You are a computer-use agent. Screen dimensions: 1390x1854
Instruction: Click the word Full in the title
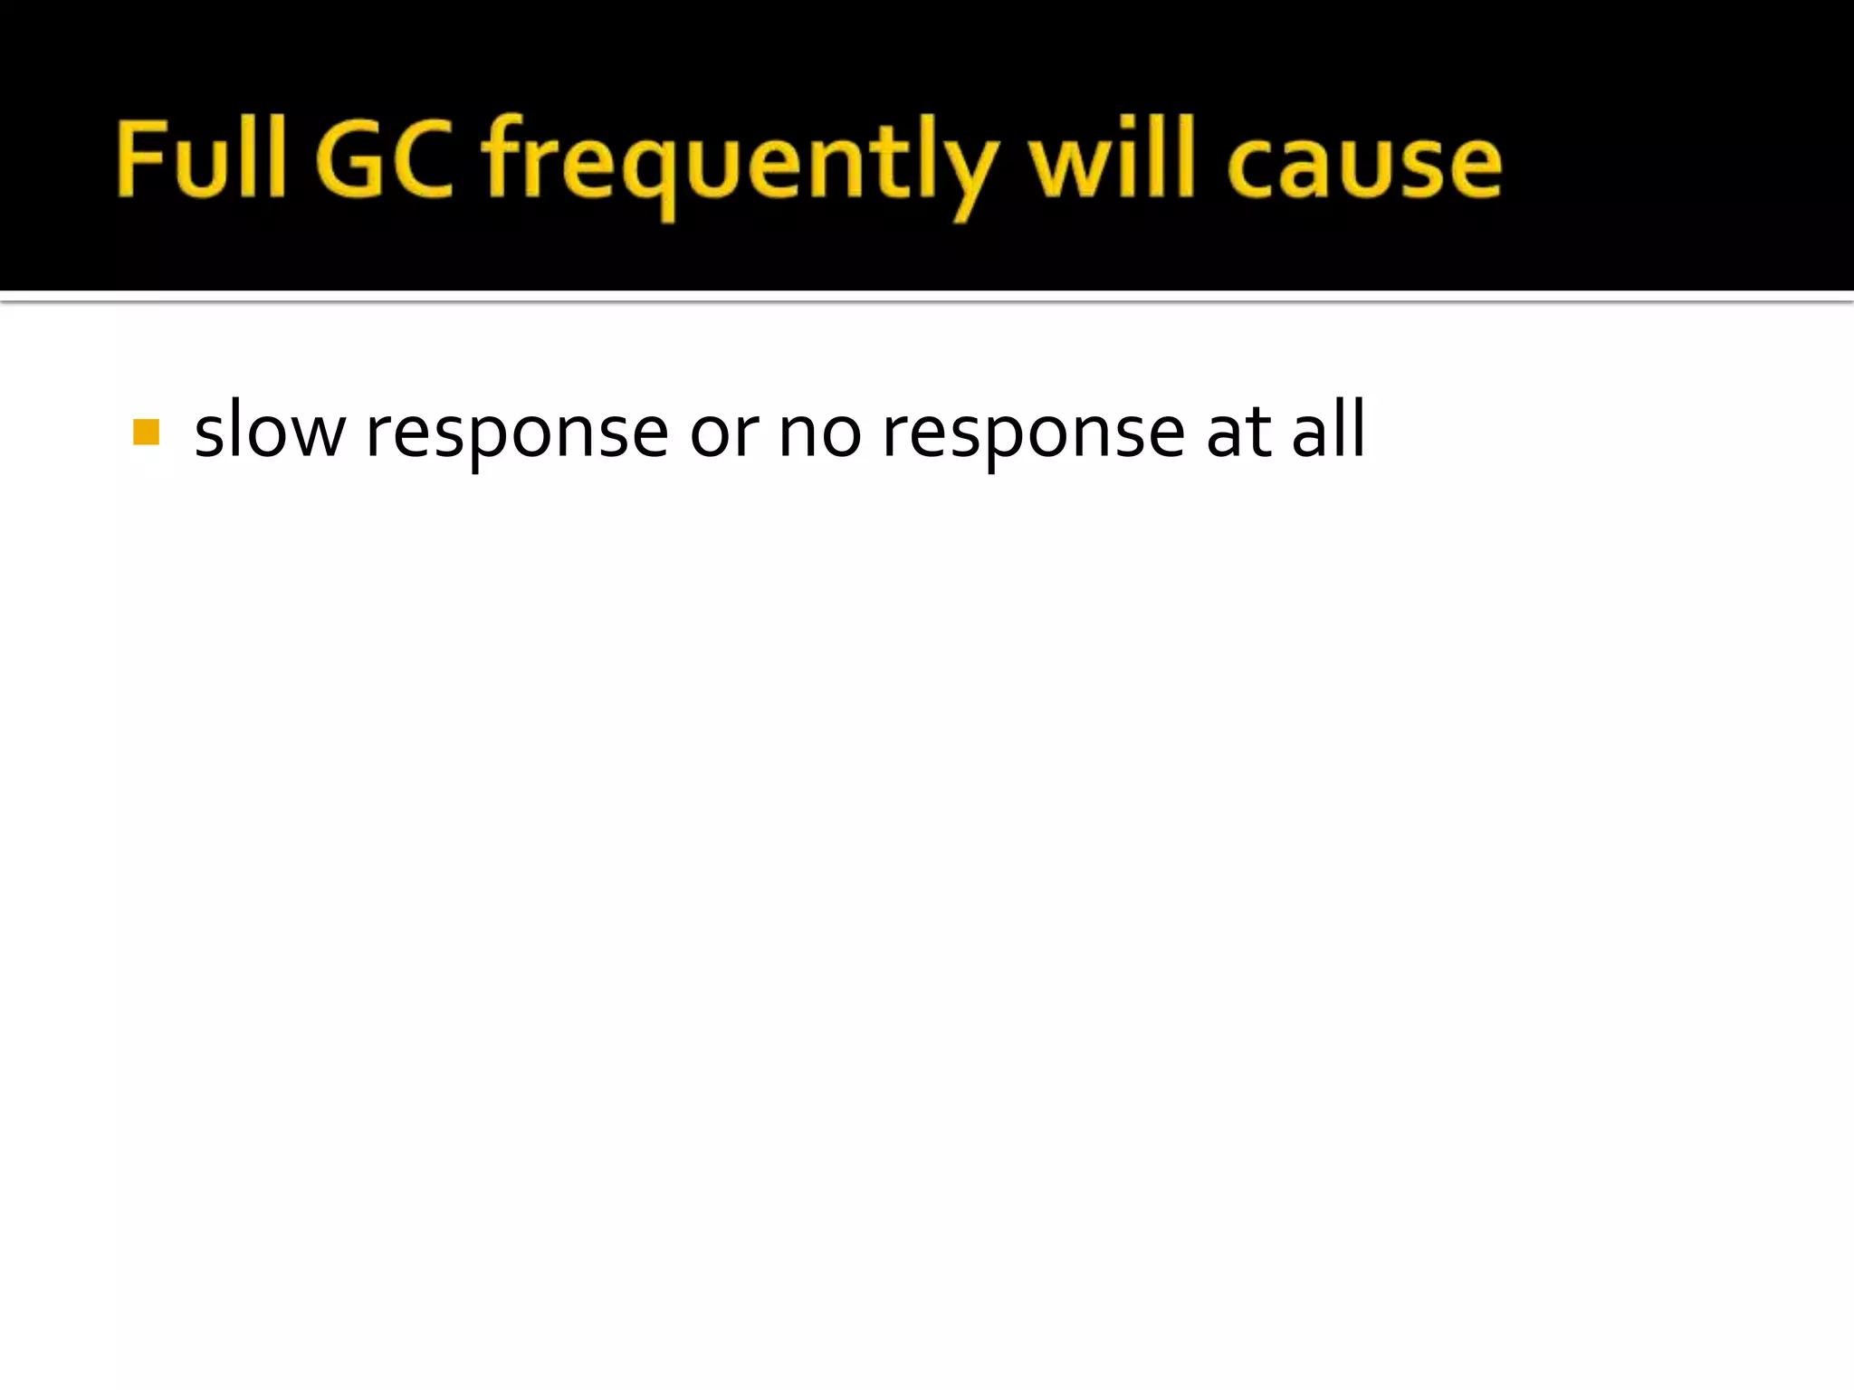(201, 159)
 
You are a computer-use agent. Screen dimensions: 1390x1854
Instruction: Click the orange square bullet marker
(146, 432)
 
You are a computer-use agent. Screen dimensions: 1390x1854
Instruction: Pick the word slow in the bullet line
(269, 431)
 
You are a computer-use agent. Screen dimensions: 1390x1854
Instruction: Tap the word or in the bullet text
(723, 432)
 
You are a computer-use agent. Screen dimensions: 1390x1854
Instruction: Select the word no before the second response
(819, 432)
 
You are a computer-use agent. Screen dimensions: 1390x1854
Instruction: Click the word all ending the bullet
(1328, 429)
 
